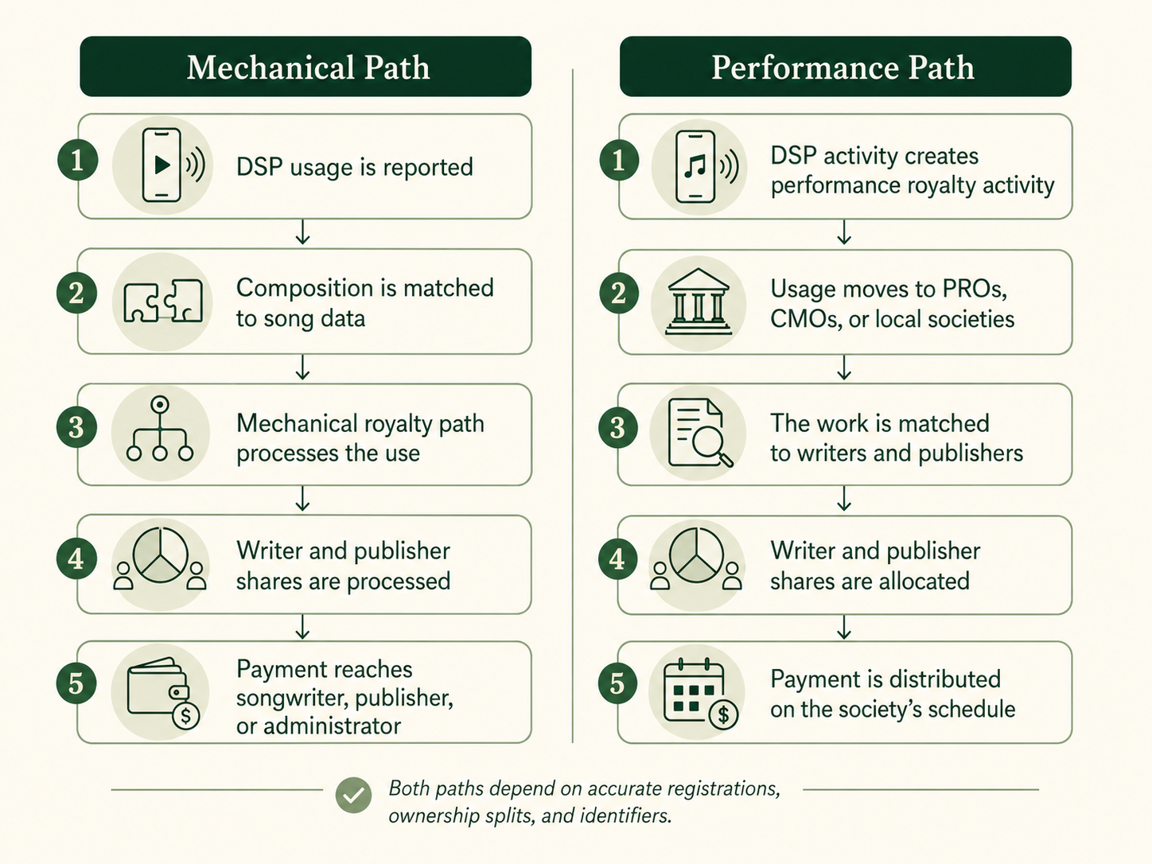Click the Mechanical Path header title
click(x=309, y=68)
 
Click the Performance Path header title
click(x=843, y=68)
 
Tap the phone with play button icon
click(x=173, y=165)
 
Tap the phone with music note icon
click(x=706, y=167)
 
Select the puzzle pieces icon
click(x=163, y=301)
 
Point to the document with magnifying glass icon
click(x=700, y=434)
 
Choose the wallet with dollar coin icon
click(x=163, y=693)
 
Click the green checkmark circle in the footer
click(x=353, y=796)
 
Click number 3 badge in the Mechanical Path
click(x=76, y=427)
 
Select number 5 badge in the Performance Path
click(x=617, y=684)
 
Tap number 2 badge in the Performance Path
click(x=619, y=293)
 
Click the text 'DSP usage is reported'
click(x=355, y=167)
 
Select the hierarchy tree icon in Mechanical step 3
click(x=160, y=429)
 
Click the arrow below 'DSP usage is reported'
click(x=302, y=232)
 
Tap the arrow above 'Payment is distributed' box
click(x=844, y=628)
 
